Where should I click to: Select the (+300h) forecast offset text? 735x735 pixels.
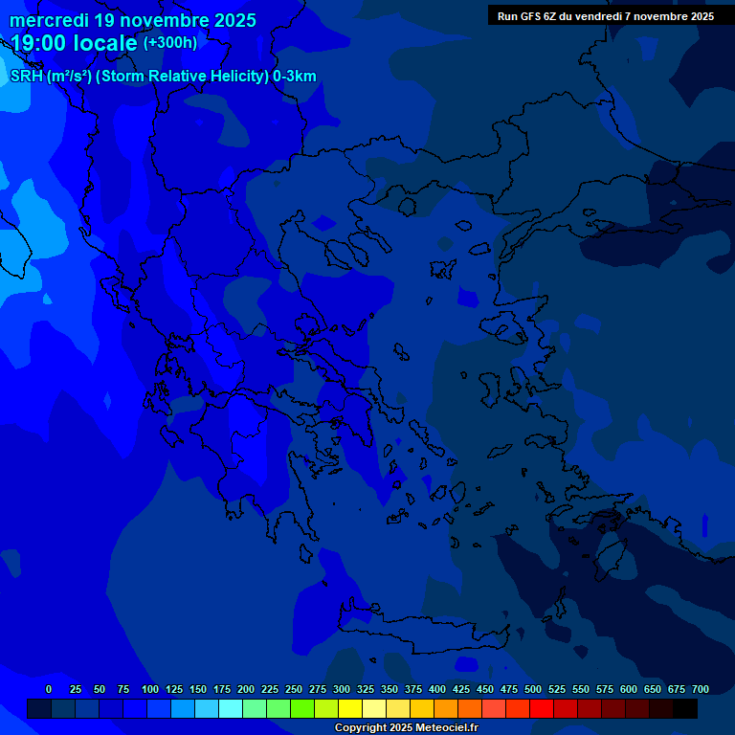click(169, 43)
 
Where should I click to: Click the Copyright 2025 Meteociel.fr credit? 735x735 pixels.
click(406, 728)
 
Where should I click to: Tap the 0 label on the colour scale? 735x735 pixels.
click(49, 689)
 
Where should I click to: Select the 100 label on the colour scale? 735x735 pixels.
click(150, 689)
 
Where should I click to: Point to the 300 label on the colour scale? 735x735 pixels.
click(342, 689)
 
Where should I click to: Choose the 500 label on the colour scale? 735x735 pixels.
click(533, 689)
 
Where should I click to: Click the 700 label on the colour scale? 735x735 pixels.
click(701, 689)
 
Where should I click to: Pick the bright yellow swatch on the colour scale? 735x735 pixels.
click(350, 708)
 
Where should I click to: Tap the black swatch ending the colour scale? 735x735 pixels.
click(685, 708)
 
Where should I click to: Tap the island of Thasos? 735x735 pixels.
click(407, 206)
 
